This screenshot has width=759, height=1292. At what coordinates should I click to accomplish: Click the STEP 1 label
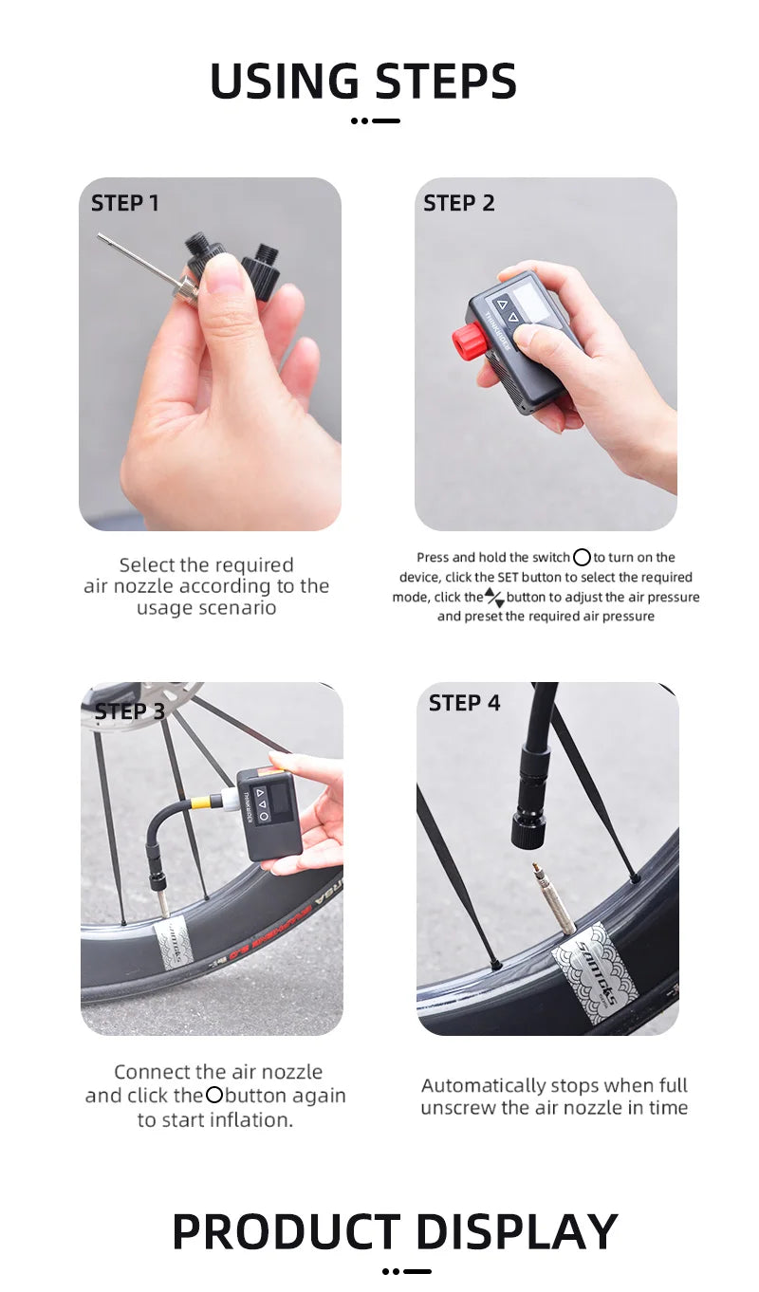(124, 203)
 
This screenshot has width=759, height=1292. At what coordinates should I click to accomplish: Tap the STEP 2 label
(459, 203)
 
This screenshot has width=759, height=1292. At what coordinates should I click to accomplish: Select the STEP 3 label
(130, 711)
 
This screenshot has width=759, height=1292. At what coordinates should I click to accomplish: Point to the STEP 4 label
(464, 703)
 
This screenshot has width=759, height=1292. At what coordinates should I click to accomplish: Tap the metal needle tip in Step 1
(100, 236)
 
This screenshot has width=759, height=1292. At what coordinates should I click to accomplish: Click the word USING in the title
(285, 81)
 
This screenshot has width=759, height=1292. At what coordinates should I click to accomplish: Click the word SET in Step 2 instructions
(507, 578)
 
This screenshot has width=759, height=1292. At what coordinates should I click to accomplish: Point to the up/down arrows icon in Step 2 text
(494, 598)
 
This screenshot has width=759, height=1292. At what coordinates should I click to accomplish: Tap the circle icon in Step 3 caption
(214, 1095)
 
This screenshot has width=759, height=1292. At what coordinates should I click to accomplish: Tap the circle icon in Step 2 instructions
(582, 557)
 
